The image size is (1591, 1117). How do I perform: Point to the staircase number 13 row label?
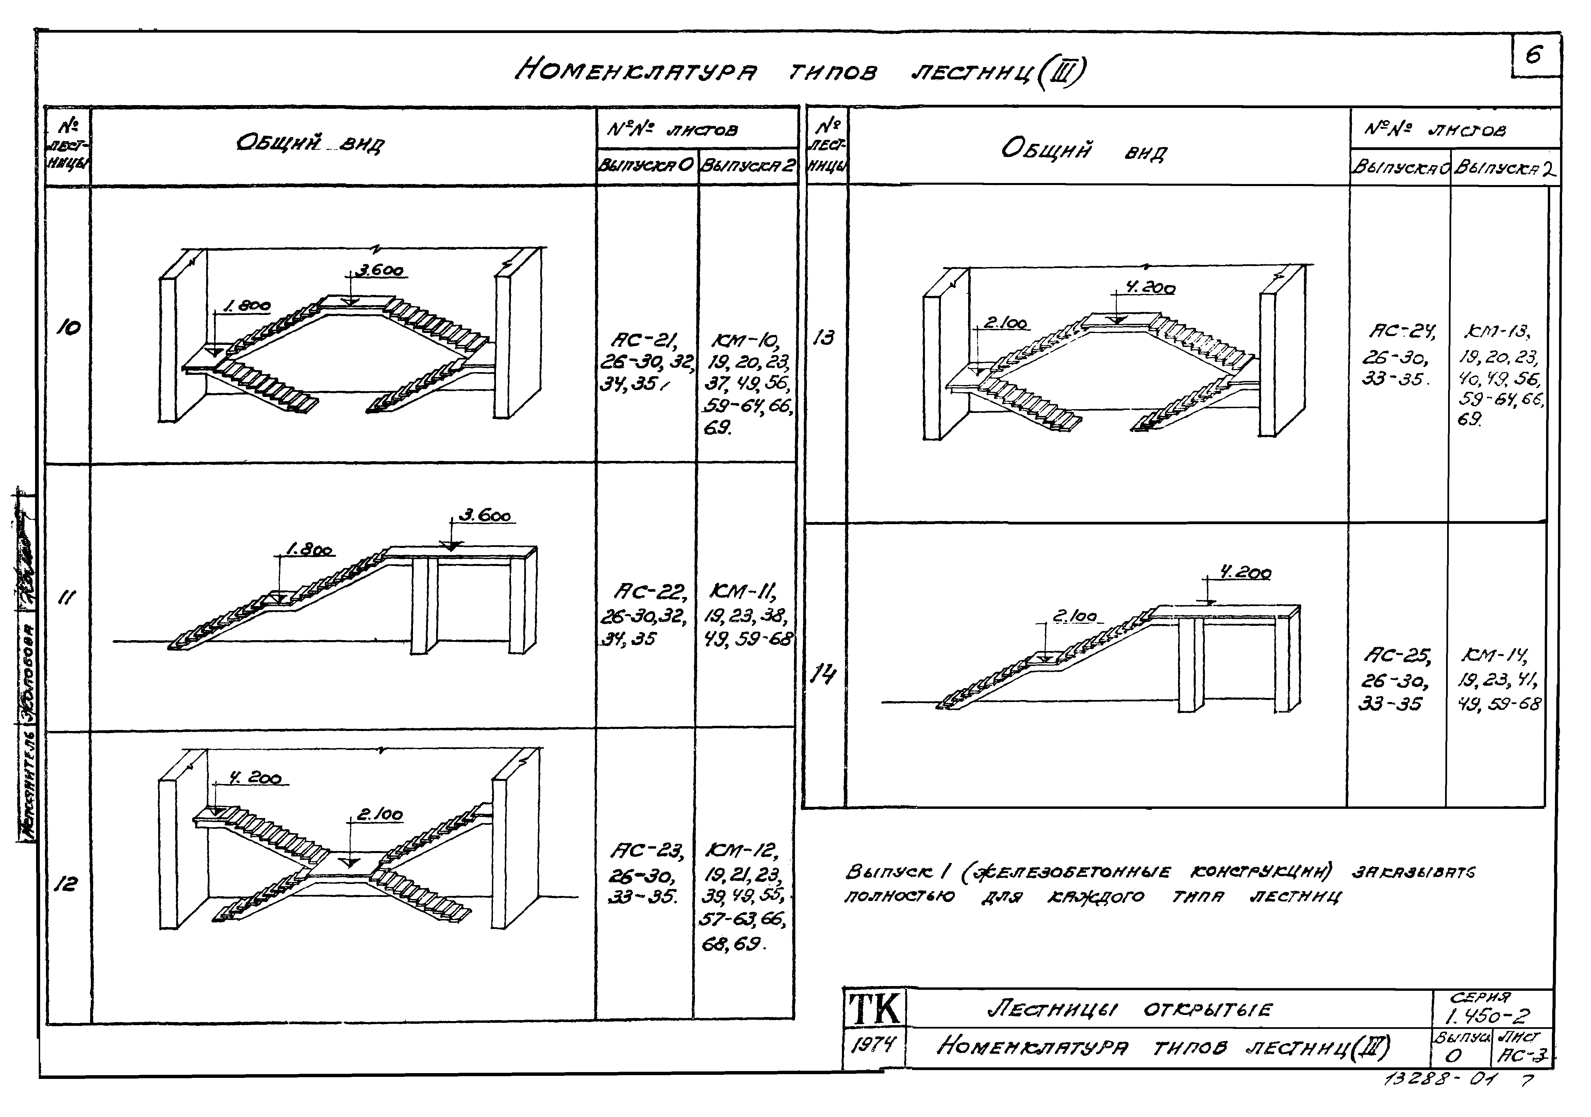pos(824,337)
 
